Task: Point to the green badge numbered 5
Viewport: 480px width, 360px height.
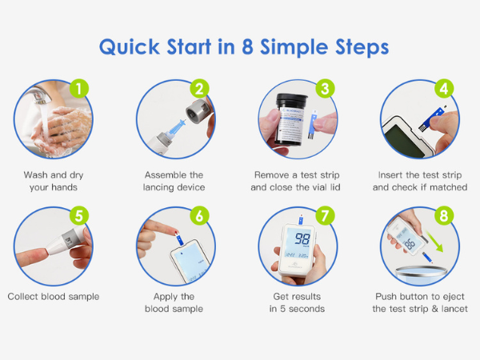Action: pos(78,215)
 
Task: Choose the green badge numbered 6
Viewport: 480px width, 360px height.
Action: pos(200,215)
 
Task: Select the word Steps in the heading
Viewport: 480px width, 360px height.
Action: pos(358,46)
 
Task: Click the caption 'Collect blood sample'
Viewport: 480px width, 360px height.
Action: pos(53,296)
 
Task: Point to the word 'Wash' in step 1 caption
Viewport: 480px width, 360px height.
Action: pos(37,174)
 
